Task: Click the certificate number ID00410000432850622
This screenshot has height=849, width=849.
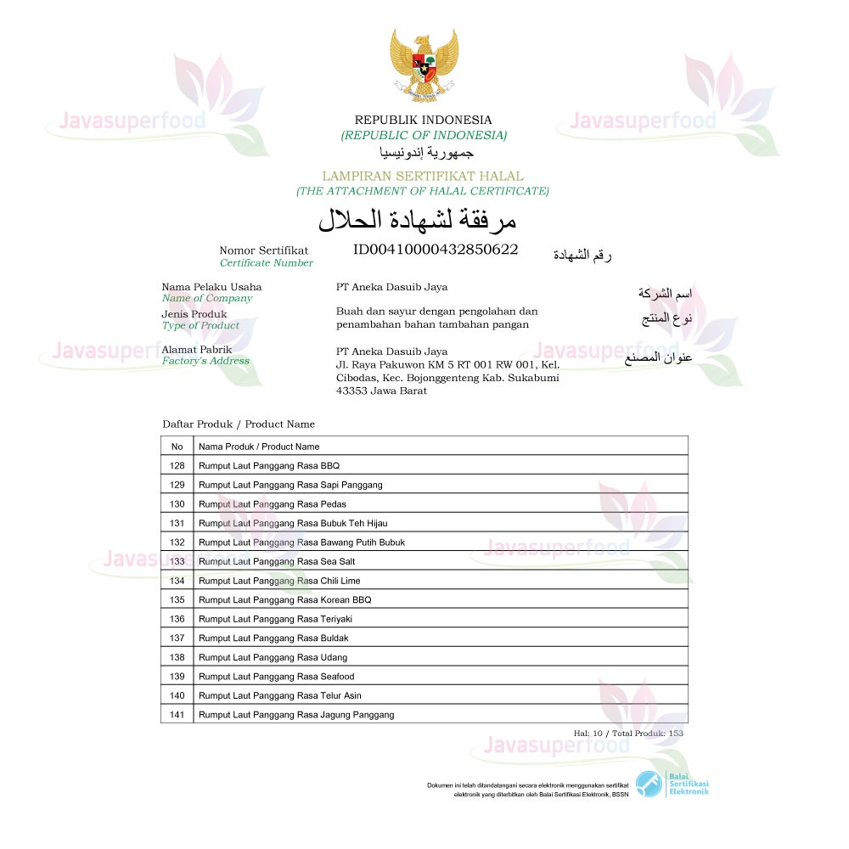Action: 436,250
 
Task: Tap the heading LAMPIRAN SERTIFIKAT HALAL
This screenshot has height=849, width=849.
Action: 423,176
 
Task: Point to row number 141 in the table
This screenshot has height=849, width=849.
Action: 177,715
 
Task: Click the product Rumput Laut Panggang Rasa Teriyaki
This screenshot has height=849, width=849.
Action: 275,619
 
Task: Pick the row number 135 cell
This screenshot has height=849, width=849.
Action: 177,599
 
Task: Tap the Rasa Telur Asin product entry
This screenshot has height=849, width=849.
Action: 279,695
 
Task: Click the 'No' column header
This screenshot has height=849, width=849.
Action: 177,447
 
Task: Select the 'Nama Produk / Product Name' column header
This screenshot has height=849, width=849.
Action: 259,447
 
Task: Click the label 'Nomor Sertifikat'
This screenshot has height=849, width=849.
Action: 264,250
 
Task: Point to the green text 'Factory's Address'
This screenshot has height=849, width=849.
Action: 205,361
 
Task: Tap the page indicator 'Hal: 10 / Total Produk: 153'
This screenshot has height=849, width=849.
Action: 628,733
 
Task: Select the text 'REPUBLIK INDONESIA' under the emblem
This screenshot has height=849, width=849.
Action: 423,120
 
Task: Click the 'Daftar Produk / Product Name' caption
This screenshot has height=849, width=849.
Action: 239,424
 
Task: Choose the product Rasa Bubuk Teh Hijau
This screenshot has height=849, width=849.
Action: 293,523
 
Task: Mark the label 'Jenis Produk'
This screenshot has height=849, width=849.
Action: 194,314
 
